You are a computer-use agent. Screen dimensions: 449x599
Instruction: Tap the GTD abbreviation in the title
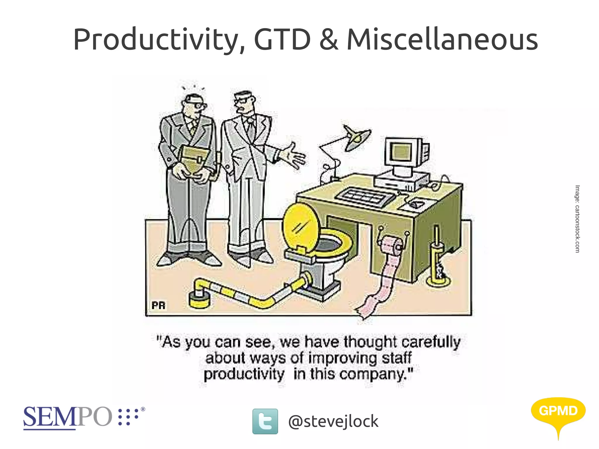282,39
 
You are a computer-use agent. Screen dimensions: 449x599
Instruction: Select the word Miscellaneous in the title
442,39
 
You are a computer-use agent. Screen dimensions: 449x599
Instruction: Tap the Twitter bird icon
265,421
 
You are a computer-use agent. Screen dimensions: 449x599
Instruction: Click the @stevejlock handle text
333,421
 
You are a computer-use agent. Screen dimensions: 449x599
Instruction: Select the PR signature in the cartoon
159,306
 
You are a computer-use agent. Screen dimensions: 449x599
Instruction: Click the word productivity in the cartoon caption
244,374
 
